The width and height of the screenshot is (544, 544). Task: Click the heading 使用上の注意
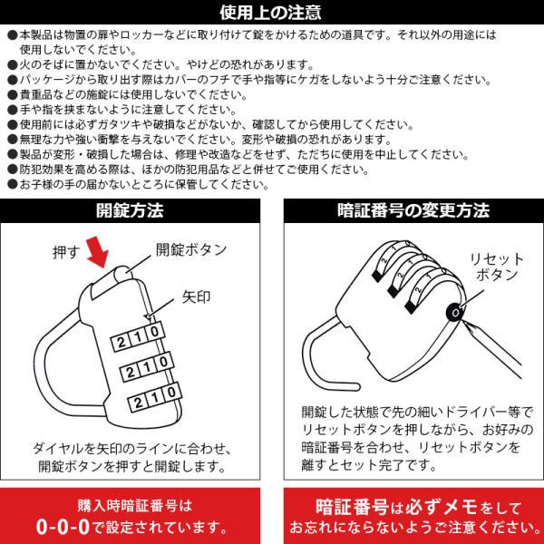[270, 13]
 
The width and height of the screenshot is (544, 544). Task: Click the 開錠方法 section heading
[130, 210]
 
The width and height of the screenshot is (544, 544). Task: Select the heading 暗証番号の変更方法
[413, 210]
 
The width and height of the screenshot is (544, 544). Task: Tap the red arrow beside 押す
[98, 252]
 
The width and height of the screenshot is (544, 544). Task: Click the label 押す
[66, 252]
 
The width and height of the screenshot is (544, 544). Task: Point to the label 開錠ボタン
[191, 249]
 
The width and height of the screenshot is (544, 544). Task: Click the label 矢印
[197, 297]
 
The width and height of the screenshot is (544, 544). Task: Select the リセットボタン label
[497, 267]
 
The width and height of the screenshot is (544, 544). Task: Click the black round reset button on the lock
[455, 313]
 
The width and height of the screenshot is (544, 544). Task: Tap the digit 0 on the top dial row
[155, 331]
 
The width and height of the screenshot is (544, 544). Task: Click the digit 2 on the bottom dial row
[138, 403]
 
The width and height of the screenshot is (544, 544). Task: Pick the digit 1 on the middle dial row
[147, 367]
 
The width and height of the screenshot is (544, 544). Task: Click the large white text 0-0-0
[63, 527]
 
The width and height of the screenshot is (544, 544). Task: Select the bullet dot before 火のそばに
[13, 65]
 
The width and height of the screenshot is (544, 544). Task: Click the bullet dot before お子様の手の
[13, 184]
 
